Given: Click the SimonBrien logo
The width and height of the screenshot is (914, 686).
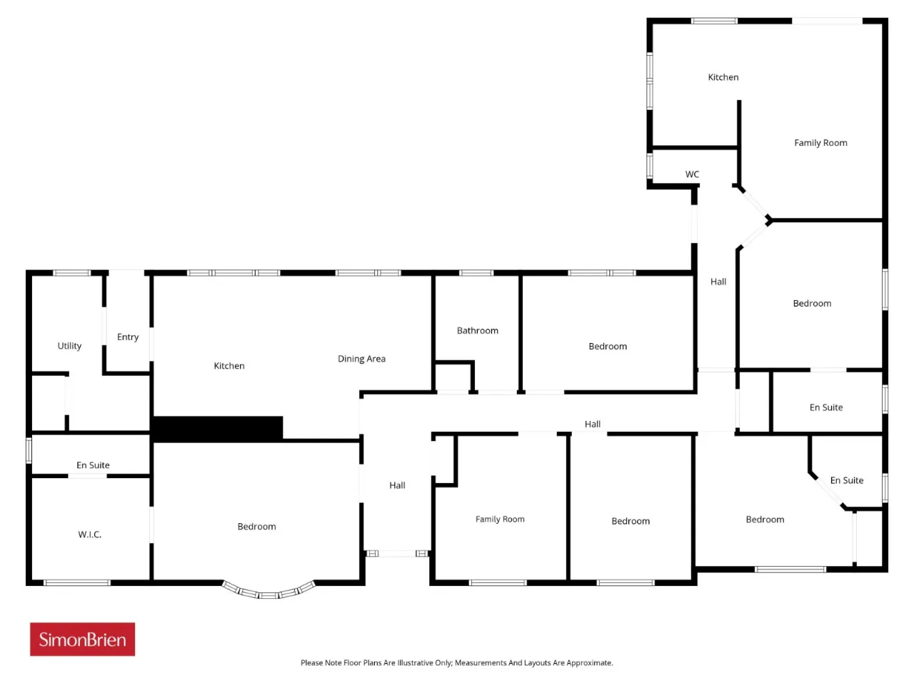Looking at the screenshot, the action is click(x=82, y=640).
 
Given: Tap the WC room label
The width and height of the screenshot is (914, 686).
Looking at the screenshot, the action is click(x=692, y=174).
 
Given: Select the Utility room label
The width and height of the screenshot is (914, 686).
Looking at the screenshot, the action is click(x=69, y=346).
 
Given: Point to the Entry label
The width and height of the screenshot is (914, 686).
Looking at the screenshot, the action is click(x=128, y=337).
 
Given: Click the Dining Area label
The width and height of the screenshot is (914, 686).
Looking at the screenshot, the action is click(x=361, y=359).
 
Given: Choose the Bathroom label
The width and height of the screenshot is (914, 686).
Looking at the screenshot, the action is click(x=478, y=330).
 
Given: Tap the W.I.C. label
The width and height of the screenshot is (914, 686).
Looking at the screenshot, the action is click(x=90, y=535).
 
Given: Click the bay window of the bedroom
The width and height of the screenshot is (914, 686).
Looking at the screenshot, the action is click(x=268, y=592).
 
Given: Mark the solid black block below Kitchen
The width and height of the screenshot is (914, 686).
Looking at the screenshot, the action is click(x=217, y=429).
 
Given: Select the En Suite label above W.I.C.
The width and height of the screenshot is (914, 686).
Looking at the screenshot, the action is click(x=93, y=464).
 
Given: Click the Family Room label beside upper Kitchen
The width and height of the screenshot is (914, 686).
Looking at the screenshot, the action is click(x=820, y=143).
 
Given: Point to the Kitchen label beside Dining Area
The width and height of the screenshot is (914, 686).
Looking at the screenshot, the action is click(x=229, y=366).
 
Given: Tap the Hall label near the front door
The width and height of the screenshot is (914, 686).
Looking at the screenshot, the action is click(x=397, y=485).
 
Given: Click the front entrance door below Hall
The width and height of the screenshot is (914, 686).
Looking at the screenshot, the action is click(x=397, y=554).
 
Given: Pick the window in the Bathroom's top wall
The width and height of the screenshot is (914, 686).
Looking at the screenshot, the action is click(x=476, y=273).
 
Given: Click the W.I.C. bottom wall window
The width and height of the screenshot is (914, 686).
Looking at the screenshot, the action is click(x=77, y=582).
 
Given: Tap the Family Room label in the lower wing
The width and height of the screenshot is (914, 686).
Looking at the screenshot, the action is click(x=500, y=519).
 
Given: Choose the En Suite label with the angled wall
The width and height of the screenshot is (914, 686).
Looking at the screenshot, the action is click(x=847, y=480).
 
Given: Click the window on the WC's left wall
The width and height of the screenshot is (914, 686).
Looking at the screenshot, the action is click(x=650, y=166).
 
